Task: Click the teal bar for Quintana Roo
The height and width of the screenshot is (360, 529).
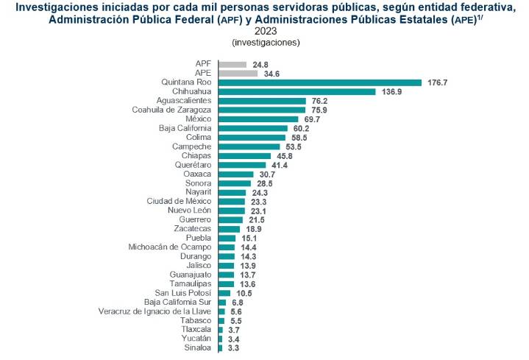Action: click(x=319, y=82)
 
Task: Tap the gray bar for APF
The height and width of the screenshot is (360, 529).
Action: click(x=232, y=64)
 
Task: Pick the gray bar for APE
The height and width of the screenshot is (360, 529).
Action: click(x=238, y=73)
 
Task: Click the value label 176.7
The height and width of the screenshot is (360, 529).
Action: click(x=437, y=82)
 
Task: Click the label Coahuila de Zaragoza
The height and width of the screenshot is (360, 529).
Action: click(x=171, y=110)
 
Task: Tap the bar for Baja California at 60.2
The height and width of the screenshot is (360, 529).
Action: click(x=252, y=128)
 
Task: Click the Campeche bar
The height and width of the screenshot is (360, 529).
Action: click(x=249, y=147)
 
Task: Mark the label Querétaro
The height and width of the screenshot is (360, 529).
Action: click(x=193, y=165)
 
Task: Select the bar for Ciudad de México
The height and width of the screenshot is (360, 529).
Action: click(x=231, y=201)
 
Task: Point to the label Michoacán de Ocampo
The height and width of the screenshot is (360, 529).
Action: click(x=170, y=247)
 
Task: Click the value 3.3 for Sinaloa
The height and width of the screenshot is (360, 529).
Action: click(x=232, y=347)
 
